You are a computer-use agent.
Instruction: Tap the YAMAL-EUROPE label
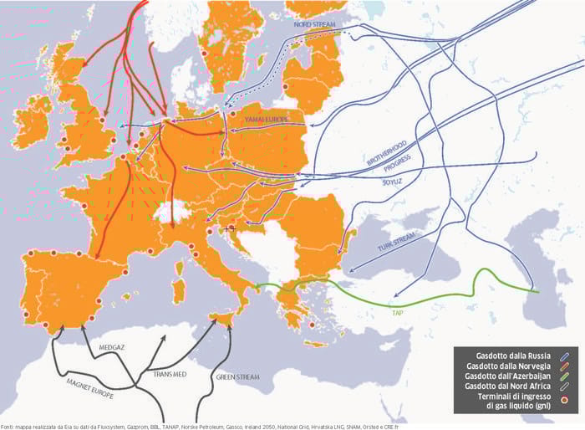[x=265, y=120]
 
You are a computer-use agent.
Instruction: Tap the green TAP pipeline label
[x=398, y=311]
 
